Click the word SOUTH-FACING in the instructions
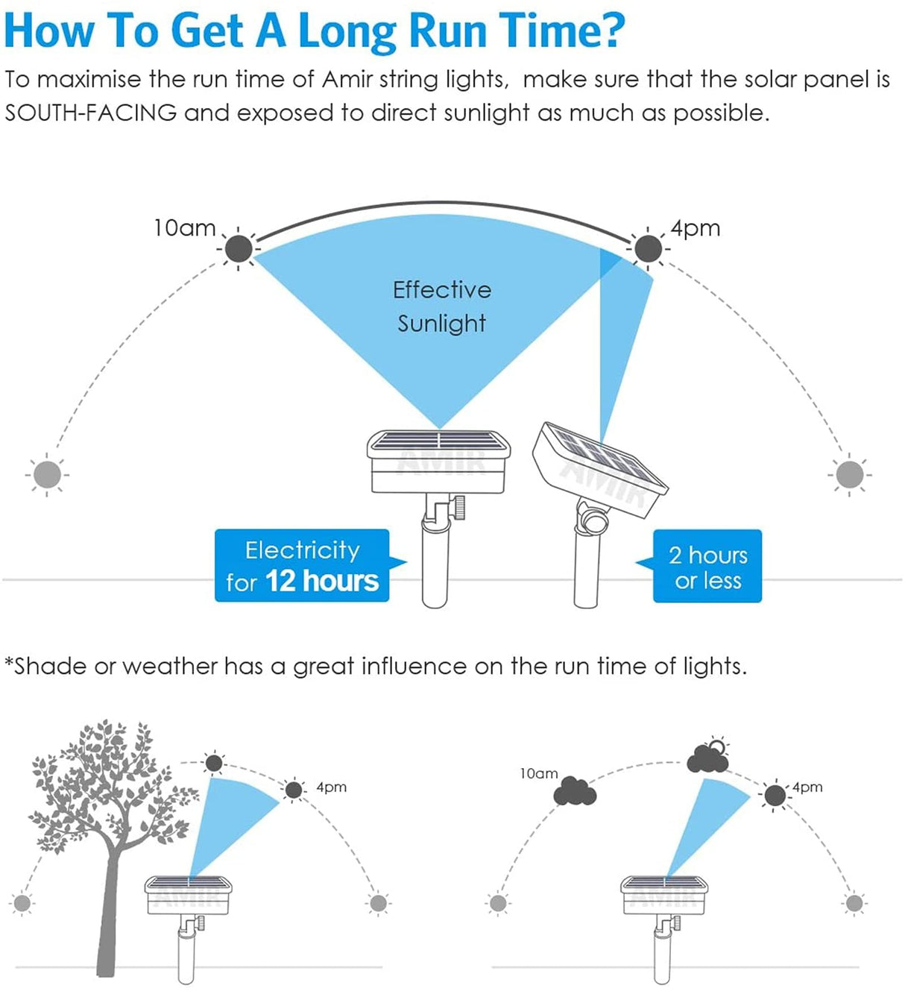pos(90,113)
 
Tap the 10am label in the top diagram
pos(184,228)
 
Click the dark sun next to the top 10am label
pos(239,248)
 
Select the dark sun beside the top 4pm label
pos(648,248)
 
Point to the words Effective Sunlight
pos(442,306)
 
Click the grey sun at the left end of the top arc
pos(47,475)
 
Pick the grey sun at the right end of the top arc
pos(850,475)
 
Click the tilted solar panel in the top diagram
pos(599,469)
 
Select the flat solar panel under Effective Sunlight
pos(438,462)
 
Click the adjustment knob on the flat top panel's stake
pos(459,507)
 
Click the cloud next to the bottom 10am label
pos(575,792)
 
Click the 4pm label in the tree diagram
pos(332,787)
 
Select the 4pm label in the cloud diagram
pos(807,787)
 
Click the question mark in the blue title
pos(611,31)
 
